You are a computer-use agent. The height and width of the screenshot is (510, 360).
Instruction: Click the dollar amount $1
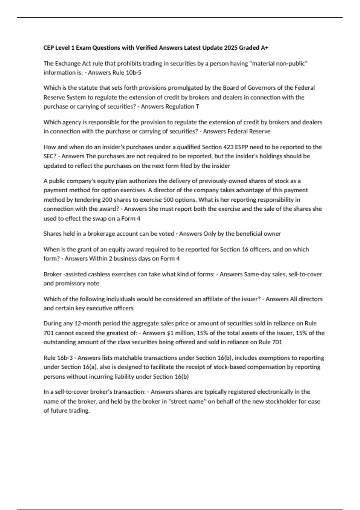pos(170,333)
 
